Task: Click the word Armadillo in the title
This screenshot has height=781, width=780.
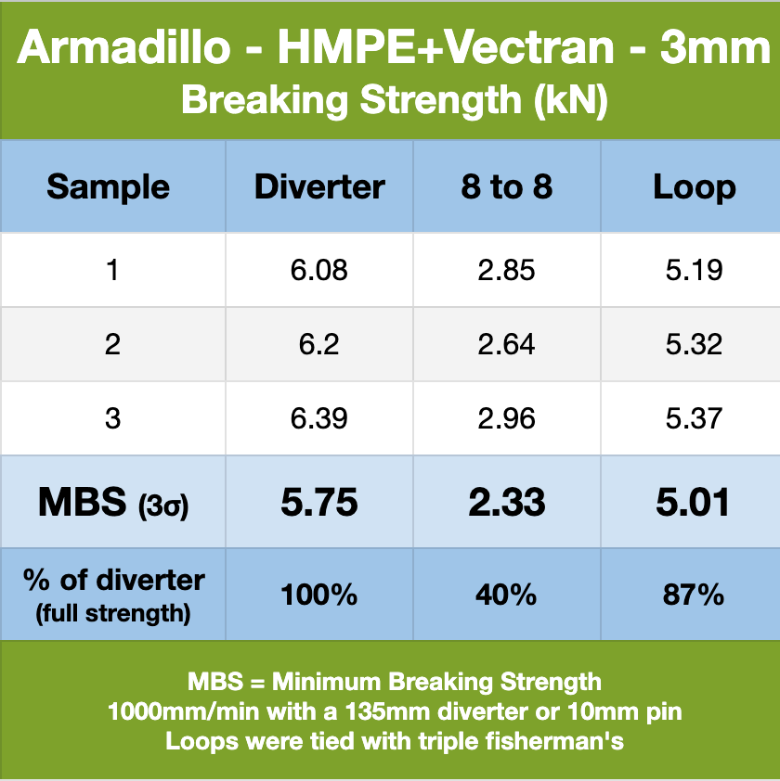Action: click(124, 48)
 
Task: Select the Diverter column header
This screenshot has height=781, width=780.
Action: click(319, 187)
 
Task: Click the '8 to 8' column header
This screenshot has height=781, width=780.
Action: click(507, 187)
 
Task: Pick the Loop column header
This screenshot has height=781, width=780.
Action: click(695, 188)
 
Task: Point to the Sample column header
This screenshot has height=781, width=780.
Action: click(109, 188)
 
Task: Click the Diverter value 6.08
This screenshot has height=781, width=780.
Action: click(319, 270)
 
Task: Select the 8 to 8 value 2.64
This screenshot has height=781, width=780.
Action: click(506, 344)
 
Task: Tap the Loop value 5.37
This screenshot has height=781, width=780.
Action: click(694, 418)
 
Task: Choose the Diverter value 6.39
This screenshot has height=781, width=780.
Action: click(319, 418)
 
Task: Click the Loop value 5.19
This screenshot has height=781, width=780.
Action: click(694, 270)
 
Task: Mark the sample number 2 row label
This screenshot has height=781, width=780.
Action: click(112, 344)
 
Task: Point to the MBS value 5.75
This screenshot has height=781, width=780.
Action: click(319, 502)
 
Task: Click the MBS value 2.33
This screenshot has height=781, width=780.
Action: click(507, 502)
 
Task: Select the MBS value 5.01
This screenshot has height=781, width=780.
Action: click(694, 502)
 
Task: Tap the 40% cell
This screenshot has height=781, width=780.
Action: click(506, 595)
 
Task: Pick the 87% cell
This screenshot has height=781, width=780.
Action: click(694, 595)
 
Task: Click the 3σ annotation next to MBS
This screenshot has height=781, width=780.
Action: click(163, 507)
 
